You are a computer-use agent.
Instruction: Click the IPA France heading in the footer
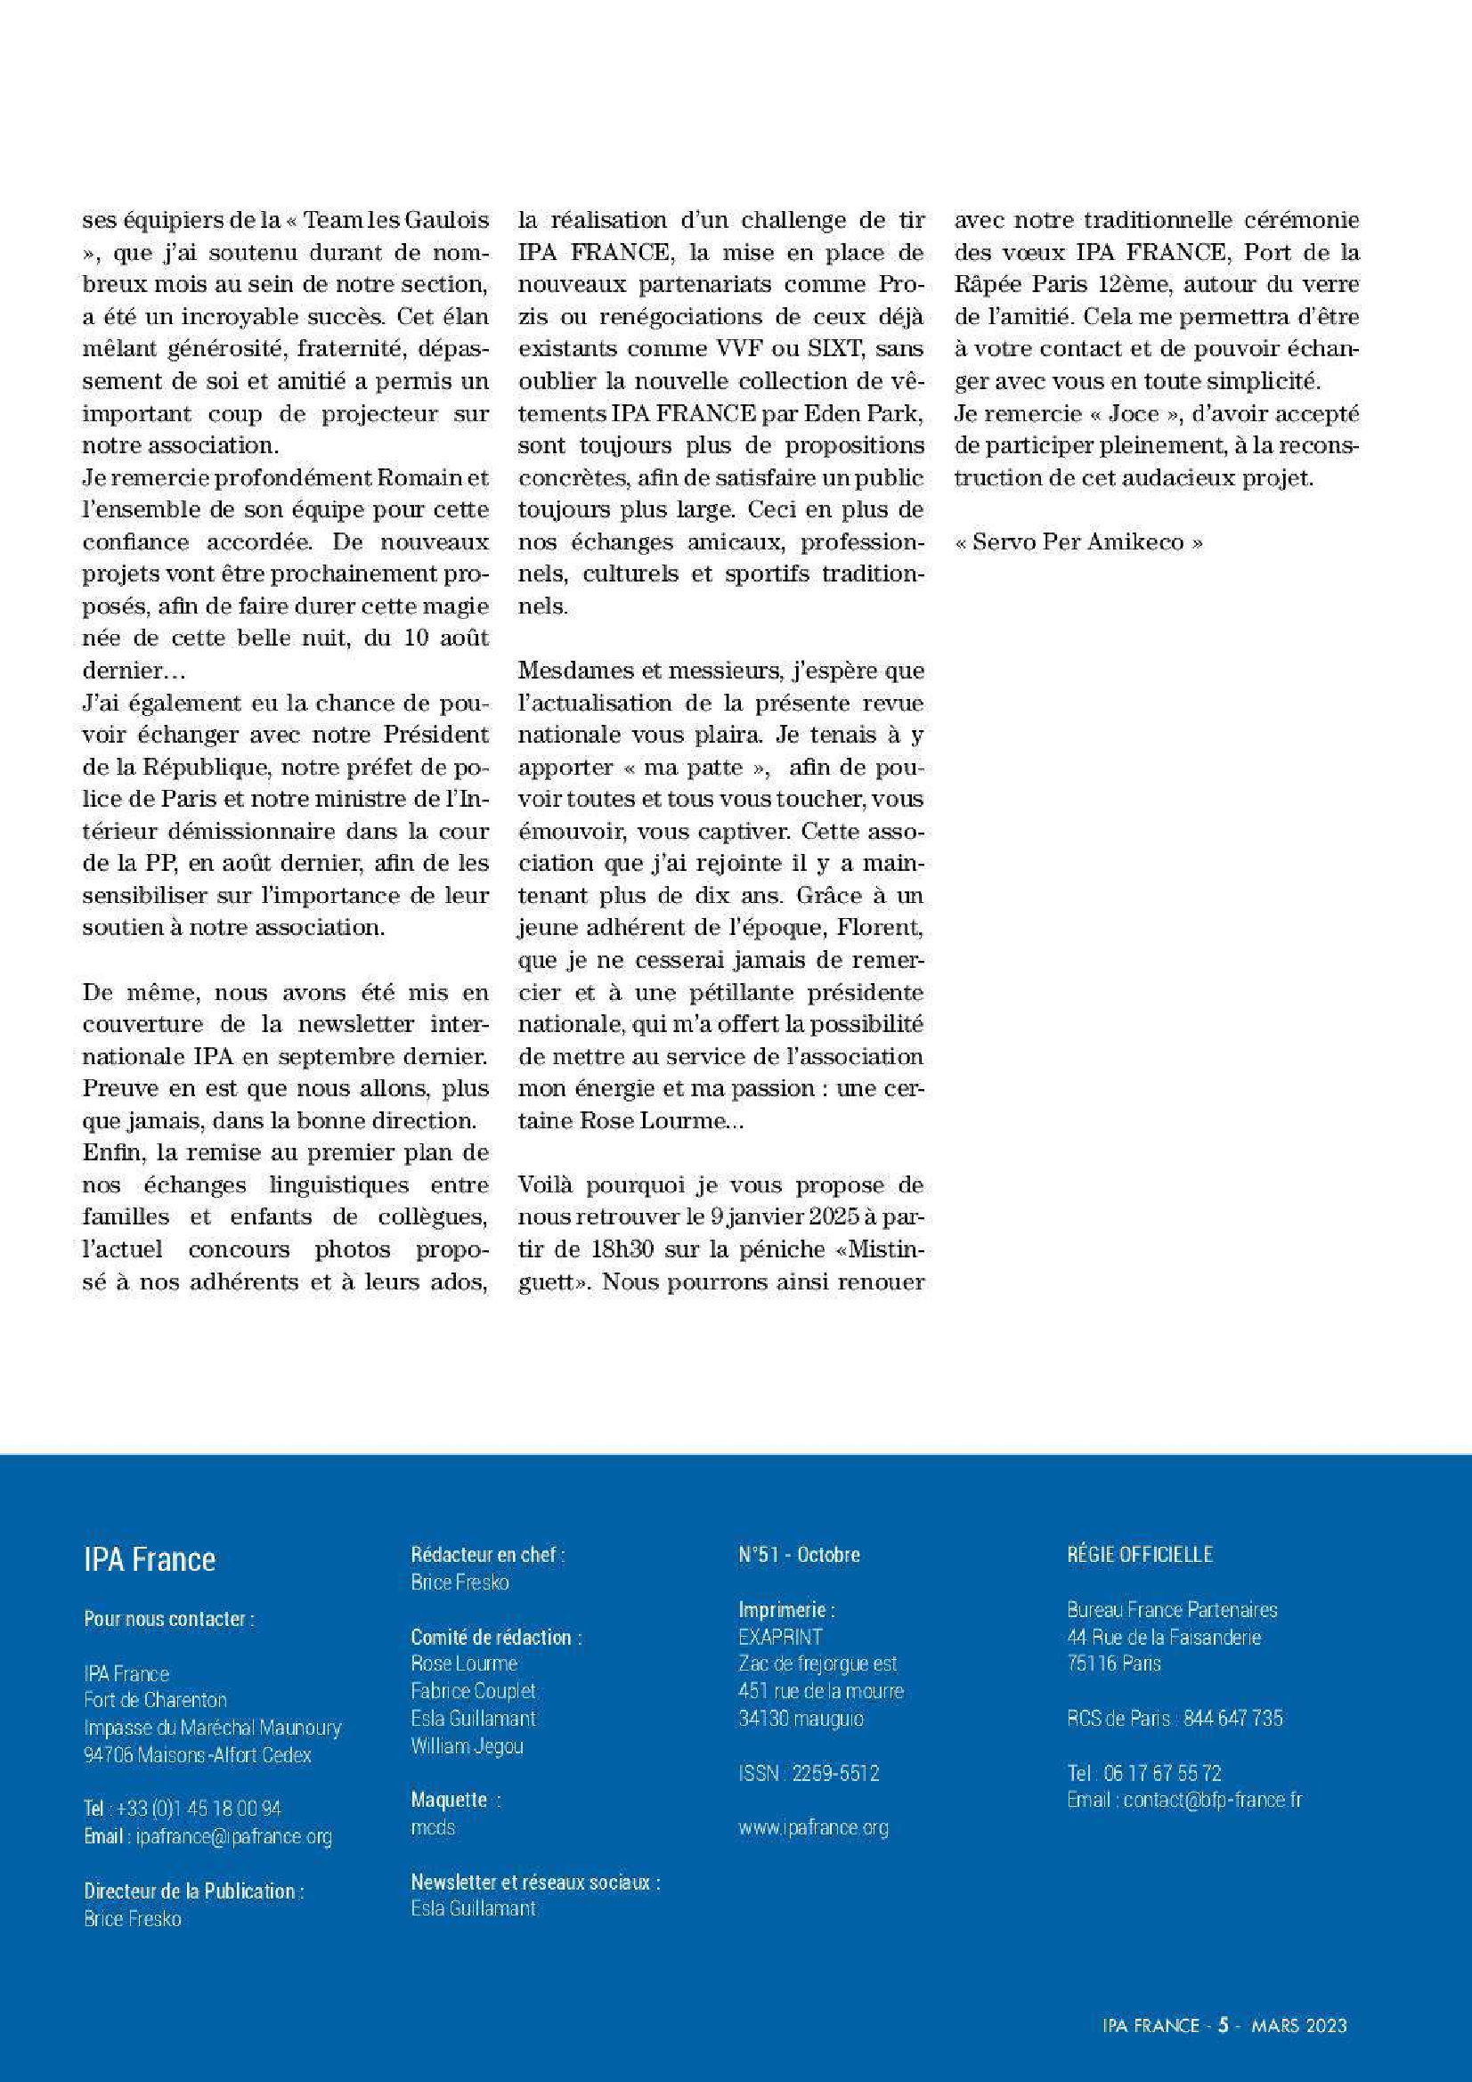(x=150, y=1559)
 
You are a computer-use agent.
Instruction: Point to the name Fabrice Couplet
(x=473, y=1691)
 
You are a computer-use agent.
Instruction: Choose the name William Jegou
(x=467, y=1745)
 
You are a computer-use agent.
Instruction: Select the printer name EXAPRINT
(x=780, y=1637)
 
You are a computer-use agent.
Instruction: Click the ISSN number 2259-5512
(x=835, y=1773)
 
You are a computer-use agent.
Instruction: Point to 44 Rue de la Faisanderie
(x=1164, y=1637)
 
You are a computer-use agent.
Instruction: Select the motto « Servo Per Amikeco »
(x=1079, y=542)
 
